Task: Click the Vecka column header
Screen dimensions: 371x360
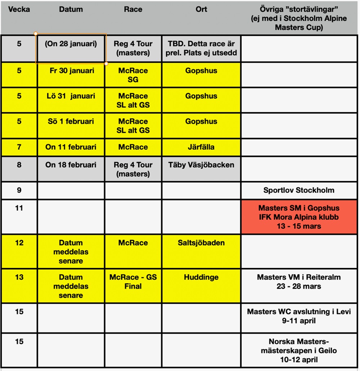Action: pyautogui.click(x=19, y=9)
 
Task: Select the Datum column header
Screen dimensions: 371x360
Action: pyautogui.click(x=71, y=9)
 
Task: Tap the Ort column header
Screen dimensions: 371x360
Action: pyautogui.click(x=201, y=9)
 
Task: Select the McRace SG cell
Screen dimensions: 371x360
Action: pyautogui.click(x=133, y=75)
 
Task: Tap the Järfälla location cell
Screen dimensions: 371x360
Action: pyautogui.click(x=201, y=147)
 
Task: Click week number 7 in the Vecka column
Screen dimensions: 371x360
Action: pyautogui.click(x=19, y=147)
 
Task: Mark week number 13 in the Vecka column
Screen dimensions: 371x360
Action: pyautogui.click(x=19, y=277)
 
